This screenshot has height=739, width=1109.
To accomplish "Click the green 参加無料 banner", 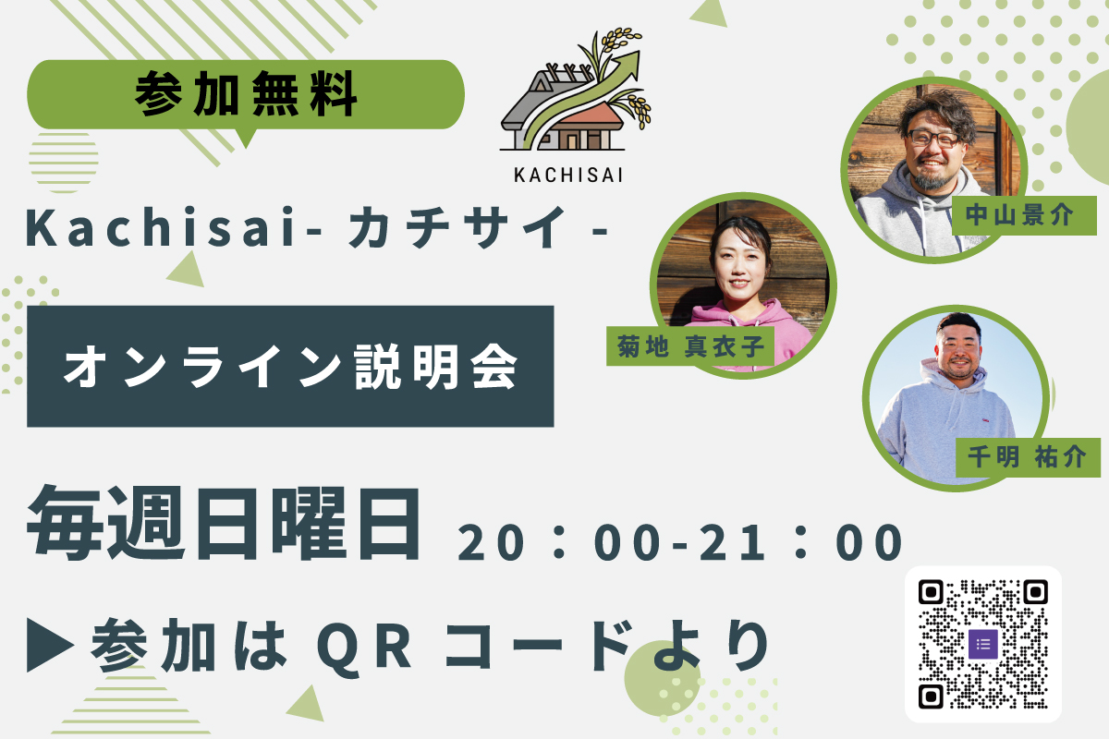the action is click(x=246, y=95).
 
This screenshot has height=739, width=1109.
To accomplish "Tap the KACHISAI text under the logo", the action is click(x=568, y=176).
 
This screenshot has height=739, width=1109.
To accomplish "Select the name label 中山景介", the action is click(x=1024, y=215).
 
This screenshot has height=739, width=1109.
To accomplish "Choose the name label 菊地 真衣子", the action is click(x=690, y=346).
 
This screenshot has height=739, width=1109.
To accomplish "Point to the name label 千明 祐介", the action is click(x=1028, y=457).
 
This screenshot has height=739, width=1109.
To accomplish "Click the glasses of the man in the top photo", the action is click(x=933, y=138).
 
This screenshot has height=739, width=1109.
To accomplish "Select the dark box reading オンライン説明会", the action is click(x=290, y=367).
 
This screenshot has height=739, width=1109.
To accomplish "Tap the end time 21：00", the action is click(x=801, y=542).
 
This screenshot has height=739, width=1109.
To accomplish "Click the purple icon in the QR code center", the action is click(x=982, y=644).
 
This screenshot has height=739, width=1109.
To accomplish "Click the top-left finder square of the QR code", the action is click(x=931, y=592).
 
